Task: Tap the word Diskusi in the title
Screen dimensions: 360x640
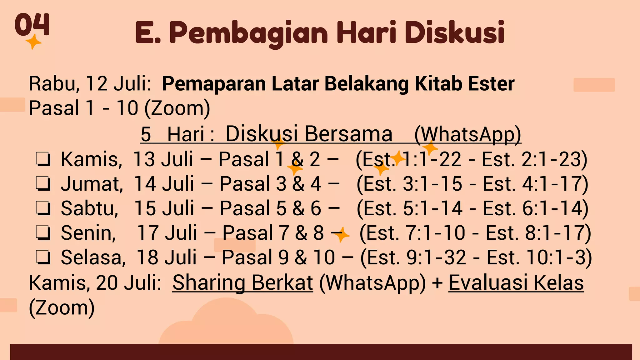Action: click(454, 32)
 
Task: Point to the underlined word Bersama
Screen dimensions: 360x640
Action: click(348, 134)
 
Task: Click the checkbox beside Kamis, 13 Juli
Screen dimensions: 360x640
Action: click(43, 159)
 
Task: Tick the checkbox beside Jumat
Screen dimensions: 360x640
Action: click(43, 184)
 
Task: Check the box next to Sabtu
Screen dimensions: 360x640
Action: click(43, 208)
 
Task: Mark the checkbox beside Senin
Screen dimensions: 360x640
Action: click(43, 233)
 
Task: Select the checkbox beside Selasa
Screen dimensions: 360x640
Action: click(43, 258)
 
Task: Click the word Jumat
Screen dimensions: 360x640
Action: click(92, 184)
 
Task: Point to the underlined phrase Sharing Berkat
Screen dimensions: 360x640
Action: click(242, 282)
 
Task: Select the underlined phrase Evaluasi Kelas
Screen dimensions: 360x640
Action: click(516, 282)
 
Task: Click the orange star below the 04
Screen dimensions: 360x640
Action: click(33, 42)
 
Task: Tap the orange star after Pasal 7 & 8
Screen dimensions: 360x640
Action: click(341, 234)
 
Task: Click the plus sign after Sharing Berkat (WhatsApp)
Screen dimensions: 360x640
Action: click(437, 283)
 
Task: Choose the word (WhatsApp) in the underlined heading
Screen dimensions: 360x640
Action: click(467, 134)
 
